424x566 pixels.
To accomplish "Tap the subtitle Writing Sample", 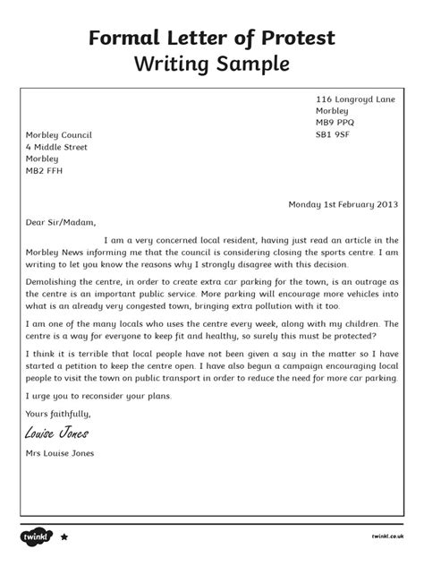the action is pyautogui.click(x=212, y=65).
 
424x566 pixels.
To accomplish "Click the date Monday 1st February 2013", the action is pyautogui.click(x=343, y=203).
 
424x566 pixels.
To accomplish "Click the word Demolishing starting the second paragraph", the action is pyautogui.click(x=54, y=283).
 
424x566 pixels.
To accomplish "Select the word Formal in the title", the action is pyautogui.click(x=133, y=38).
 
